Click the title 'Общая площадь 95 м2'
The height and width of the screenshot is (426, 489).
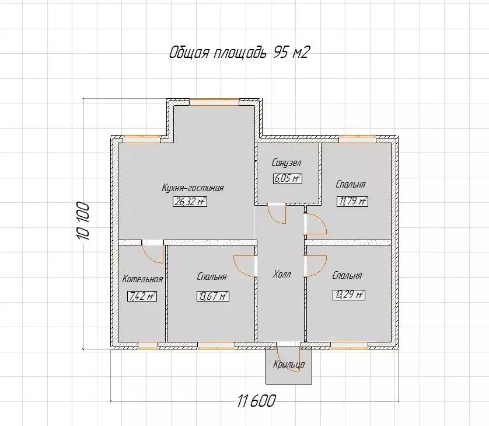pyautogui.click(x=239, y=53)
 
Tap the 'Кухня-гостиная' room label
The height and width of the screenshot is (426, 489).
pyautogui.click(x=193, y=188)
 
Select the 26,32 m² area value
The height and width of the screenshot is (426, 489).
pyautogui.click(x=190, y=202)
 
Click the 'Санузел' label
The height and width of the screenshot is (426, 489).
pyautogui.click(x=287, y=162)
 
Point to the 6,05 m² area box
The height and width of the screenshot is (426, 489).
pyautogui.click(x=288, y=179)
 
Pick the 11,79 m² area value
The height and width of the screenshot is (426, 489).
pyautogui.click(x=352, y=202)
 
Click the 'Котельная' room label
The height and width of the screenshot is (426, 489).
pyautogui.click(x=142, y=279)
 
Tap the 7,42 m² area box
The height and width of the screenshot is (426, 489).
pyautogui.click(x=142, y=296)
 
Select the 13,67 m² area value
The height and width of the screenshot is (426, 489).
pyautogui.click(x=212, y=296)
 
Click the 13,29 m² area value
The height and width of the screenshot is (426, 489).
pyautogui.click(x=349, y=295)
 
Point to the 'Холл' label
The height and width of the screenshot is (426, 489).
pyautogui.click(x=282, y=275)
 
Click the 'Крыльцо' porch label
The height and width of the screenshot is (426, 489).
pyautogui.click(x=289, y=365)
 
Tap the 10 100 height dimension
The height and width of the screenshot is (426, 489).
pyautogui.click(x=83, y=221)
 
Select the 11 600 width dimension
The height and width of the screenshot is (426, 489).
pyautogui.click(x=257, y=401)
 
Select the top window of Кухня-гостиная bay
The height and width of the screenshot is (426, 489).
pyautogui.click(x=214, y=102)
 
